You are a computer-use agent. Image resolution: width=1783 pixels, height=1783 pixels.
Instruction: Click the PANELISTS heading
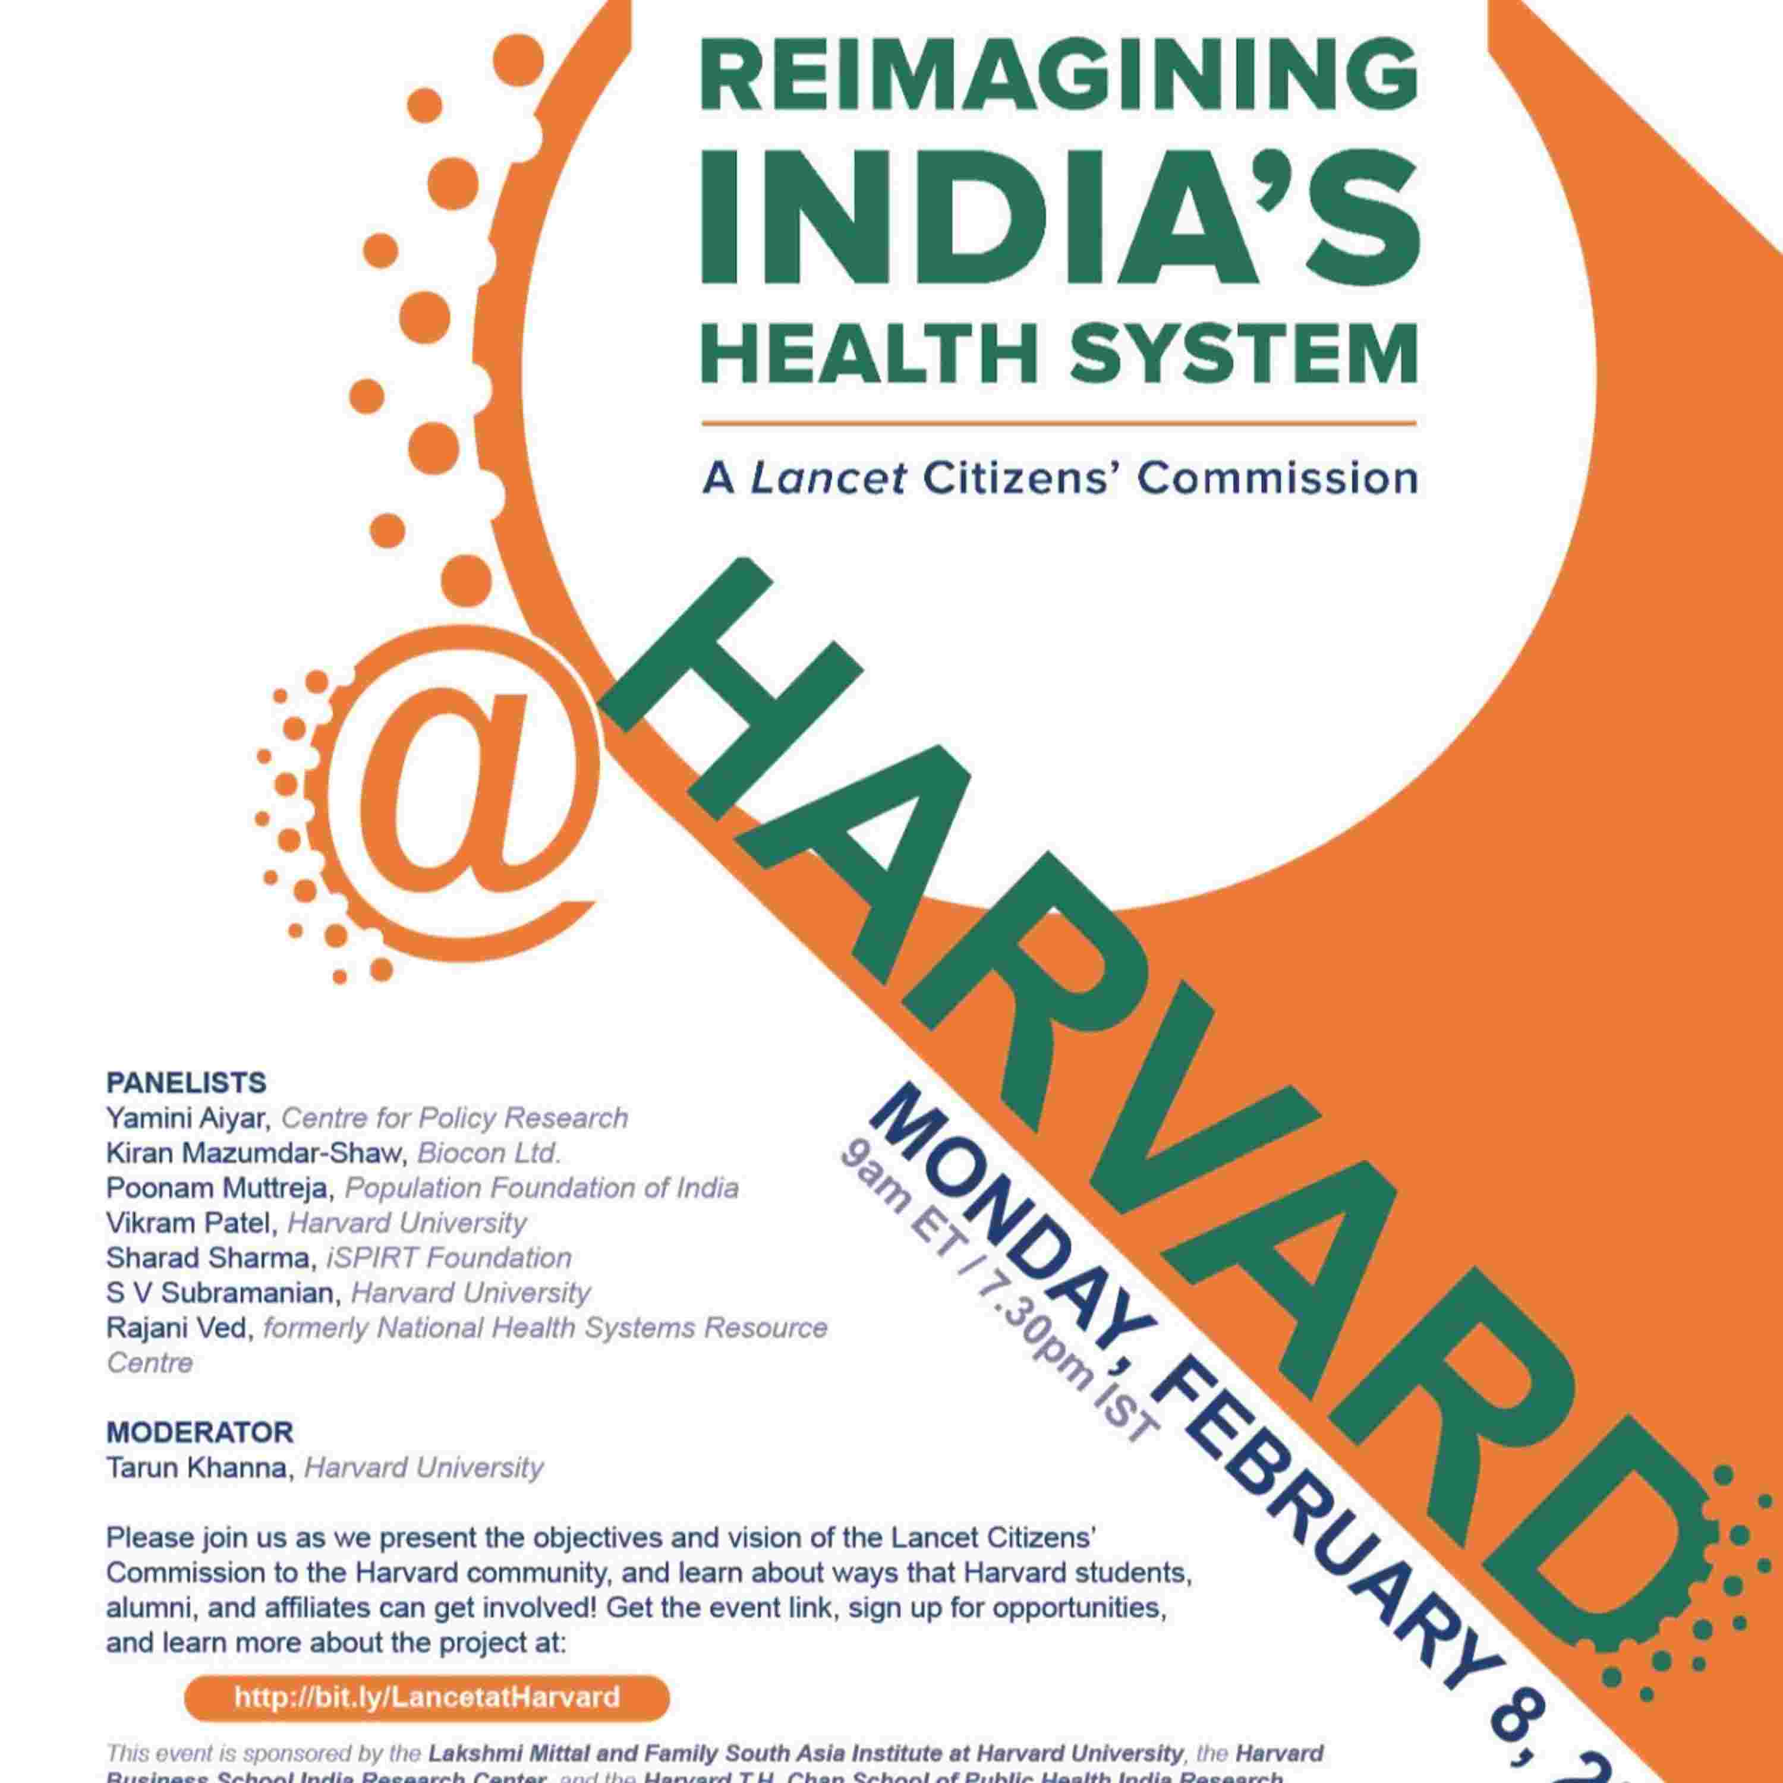click(187, 1082)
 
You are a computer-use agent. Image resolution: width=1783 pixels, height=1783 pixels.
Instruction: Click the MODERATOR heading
click(199, 1432)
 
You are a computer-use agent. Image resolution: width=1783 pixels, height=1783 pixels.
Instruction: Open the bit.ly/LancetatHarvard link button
click(426, 1698)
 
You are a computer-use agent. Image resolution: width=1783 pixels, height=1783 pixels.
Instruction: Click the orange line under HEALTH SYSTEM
click(1059, 424)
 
